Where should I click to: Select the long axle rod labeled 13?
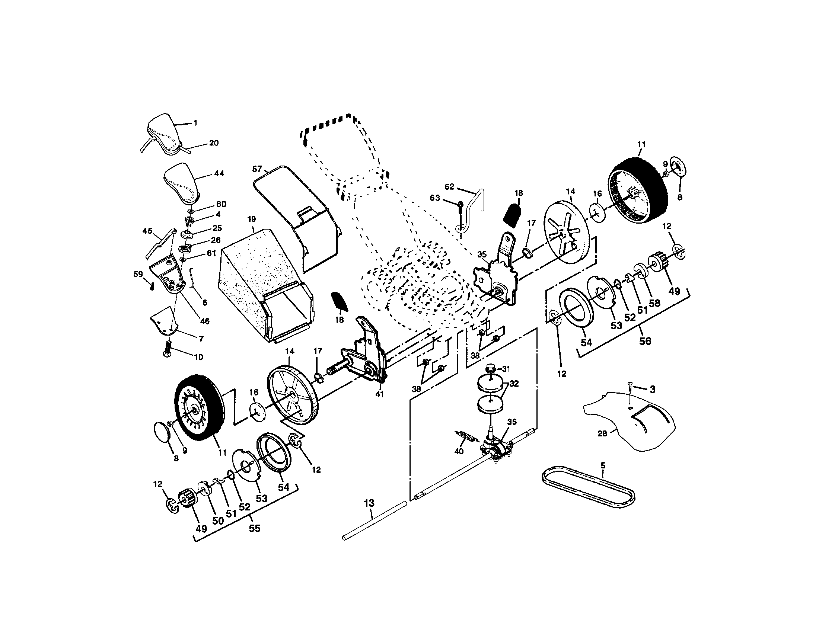(375, 521)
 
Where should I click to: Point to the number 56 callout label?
(645, 341)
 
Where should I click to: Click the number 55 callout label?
(255, 528)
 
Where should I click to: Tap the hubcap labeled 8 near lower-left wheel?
(162, 433)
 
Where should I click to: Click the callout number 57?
(257, 169)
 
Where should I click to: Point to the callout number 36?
(512, 422)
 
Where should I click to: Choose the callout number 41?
(379, 394)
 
